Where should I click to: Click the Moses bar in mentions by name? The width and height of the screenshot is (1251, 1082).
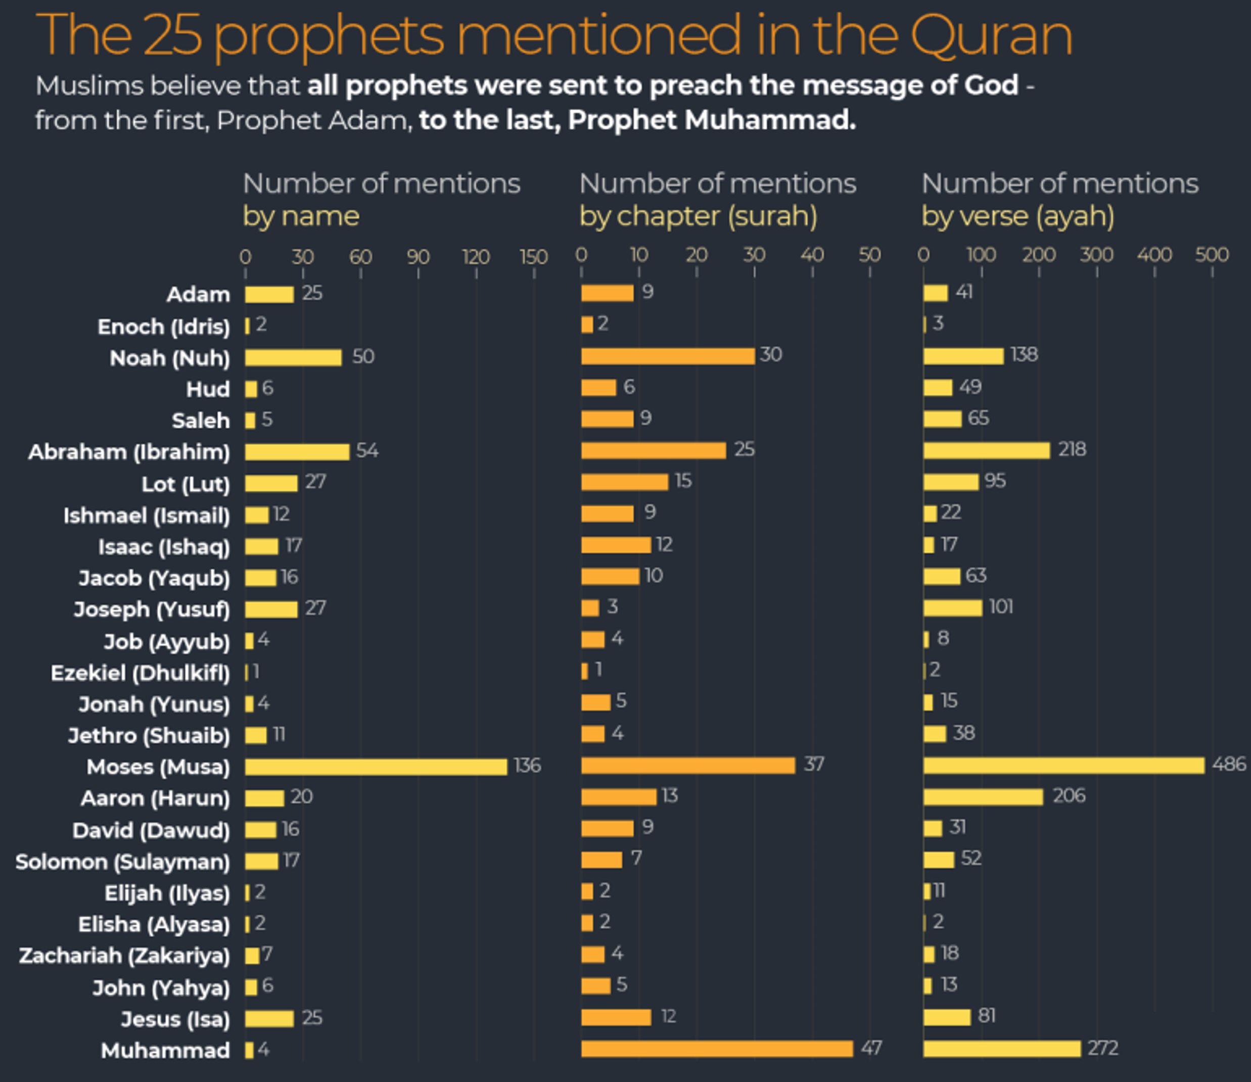[376, 767]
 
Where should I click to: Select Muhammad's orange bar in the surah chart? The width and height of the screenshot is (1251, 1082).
[717, 1049]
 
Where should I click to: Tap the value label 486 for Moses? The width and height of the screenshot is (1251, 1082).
[1228, 765]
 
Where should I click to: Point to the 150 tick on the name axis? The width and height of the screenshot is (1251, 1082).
[534, 257]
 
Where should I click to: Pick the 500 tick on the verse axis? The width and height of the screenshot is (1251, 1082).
[1211, 255]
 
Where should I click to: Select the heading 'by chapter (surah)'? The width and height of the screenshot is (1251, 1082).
[698, 216]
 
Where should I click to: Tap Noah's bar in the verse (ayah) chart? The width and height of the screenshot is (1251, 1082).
[963, 356]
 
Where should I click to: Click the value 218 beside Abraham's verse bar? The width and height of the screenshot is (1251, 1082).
[1072, 449]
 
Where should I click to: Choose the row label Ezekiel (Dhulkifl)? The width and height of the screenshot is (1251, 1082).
[140, 673]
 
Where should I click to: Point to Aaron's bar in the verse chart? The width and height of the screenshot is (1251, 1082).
[983, 797]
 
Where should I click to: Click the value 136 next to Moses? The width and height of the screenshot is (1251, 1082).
[527, 766]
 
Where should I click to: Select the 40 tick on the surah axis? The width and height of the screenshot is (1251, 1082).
[812, 255]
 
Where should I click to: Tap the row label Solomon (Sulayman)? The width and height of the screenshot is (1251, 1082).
[122, 862]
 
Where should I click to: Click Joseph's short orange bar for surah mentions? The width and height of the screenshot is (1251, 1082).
[590, 608]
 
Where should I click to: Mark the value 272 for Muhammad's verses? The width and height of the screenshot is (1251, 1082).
[1102, 1048]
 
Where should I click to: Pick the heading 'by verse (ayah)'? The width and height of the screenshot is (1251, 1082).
[1017, 216]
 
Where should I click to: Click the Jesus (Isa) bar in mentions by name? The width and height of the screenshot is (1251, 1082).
[269, 1019]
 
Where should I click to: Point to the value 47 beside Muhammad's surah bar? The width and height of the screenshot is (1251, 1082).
[870, 1048]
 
